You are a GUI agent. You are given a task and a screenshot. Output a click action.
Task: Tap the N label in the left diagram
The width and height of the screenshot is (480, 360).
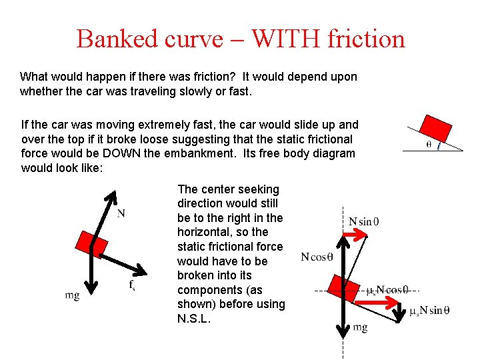pos(121,214)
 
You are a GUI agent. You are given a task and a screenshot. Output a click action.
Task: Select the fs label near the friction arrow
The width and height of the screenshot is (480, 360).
pos(132,285)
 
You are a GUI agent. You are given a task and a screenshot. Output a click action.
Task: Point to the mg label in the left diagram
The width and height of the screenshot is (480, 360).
pos(73,295)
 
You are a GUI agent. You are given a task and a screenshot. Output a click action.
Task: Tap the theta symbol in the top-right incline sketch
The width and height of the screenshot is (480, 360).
pos(428,143)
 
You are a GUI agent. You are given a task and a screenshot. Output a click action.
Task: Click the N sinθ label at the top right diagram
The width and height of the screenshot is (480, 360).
pos(364,221)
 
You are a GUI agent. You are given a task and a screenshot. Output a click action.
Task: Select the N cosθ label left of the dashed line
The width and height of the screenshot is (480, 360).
pos(317,257)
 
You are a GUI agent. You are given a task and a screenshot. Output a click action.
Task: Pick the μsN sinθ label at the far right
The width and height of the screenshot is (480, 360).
pos(429,311)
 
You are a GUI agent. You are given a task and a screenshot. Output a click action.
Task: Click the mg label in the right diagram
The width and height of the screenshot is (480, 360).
pos(360,327)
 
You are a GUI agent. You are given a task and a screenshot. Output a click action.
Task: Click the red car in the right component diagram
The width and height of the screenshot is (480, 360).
pos(343,287)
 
